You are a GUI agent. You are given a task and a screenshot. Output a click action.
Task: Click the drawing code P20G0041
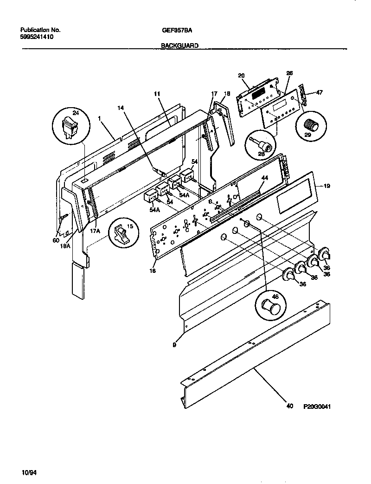tap(317, 407)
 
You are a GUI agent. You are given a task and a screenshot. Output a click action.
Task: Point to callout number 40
tap(290, 407)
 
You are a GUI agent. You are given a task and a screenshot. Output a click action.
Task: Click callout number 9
tap(174, 345)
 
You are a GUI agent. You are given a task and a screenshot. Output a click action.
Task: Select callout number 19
tap(326, 186)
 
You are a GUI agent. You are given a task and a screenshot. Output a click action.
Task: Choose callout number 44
tap(265, 178)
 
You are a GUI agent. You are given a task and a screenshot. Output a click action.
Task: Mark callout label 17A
tap(96, 230)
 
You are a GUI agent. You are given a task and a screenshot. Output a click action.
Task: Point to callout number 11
tap(157, 94)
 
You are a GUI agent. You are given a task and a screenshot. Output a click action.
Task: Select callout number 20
tap(241, 75)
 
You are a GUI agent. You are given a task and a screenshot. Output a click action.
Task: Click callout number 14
tap(122, 108)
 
